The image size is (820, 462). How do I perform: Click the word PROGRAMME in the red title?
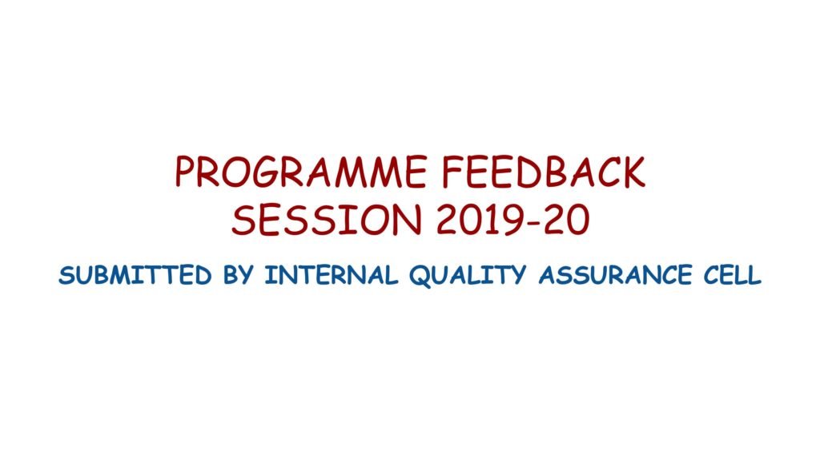click(x=301, y=172)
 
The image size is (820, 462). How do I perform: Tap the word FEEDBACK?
click(x=544, y=172)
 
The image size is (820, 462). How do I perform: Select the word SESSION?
click(x=327, y=220)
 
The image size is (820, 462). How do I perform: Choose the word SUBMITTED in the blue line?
click(x=135, y=275)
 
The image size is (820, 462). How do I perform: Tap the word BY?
click(x=239, y=275)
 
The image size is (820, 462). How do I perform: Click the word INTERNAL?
click(x=331, y=275)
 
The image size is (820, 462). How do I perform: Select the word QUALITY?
click(x=468, y=276)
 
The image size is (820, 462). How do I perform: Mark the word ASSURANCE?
click(x=615, y=275)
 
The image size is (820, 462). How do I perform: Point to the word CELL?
click(x=732, y=275)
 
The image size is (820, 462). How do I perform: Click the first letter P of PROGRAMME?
click(x=186, y=172)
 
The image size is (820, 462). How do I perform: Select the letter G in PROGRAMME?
click(x=265, y=172)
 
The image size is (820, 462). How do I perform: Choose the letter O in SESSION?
click(x=378, y=220)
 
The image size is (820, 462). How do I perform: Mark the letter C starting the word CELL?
click(x=712, y=275)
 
